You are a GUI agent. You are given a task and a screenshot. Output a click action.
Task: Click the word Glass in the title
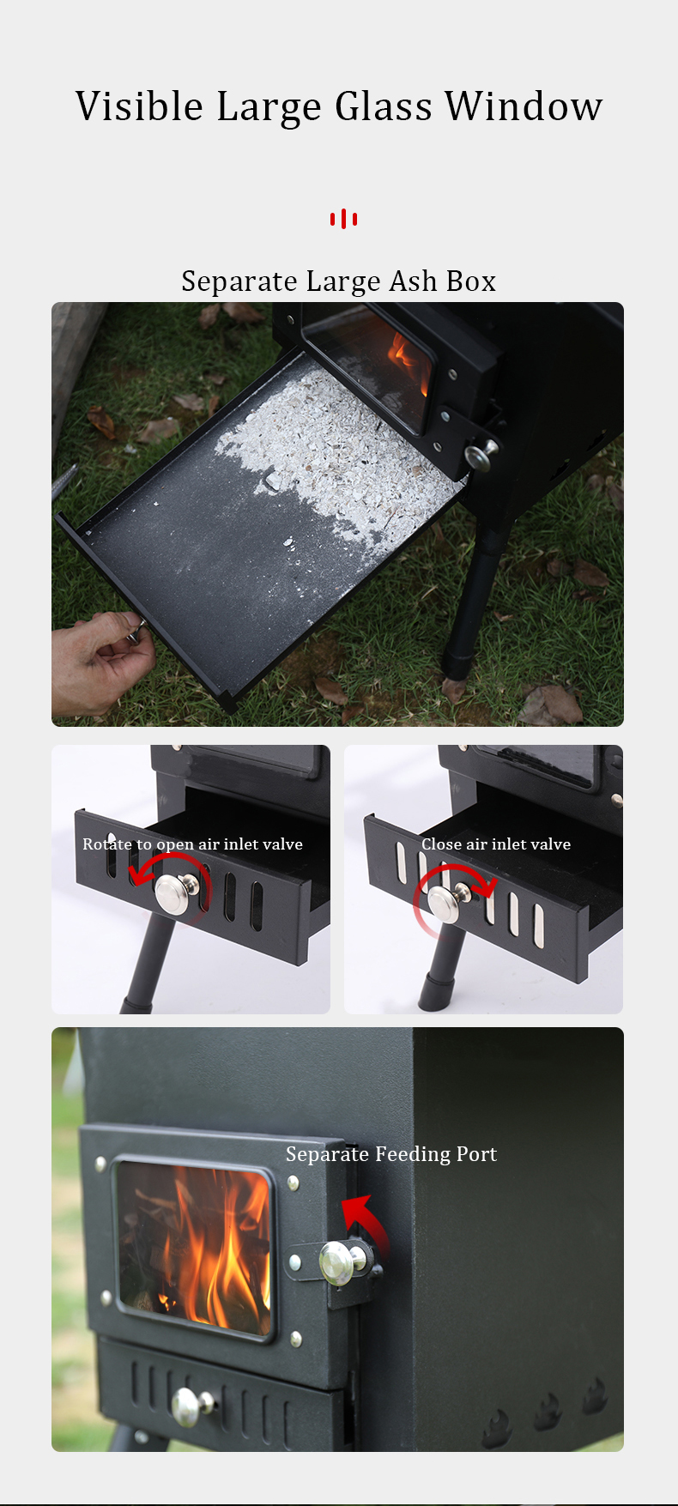pyautogui.click(x=384, y=107)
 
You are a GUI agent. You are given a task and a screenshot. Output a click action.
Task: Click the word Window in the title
pyautogui.click(x=524, y=106)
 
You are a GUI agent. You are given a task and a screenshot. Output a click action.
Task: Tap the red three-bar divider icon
pyautogui.click(x=343, y=219)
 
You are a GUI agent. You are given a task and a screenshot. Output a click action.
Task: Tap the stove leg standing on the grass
pyautogui.click(x=469, y=601)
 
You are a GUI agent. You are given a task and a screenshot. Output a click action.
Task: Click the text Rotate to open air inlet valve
pyautogui.click(x=192, y=844)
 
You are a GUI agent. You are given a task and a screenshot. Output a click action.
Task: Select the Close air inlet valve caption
pyautogui.click(x=496, y=844)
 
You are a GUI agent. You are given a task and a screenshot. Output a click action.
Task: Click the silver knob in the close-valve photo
pyautogui.click(x=445, y=903)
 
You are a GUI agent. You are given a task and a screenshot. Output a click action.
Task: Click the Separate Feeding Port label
pyautogui.click(x=391, y=1154)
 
